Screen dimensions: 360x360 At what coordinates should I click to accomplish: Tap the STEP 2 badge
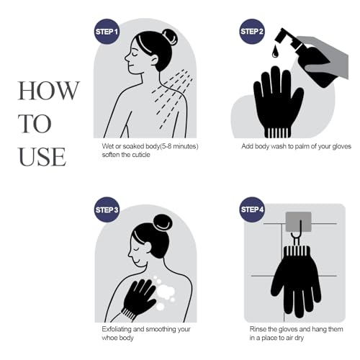coord(252,32)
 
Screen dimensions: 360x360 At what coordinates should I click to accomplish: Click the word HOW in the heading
coord(48,91)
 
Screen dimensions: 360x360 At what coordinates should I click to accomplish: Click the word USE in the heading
coord(42,156)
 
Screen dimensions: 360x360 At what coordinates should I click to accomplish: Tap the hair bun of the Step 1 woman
coord(170,37)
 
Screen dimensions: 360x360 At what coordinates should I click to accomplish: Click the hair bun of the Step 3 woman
coord(163,222)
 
